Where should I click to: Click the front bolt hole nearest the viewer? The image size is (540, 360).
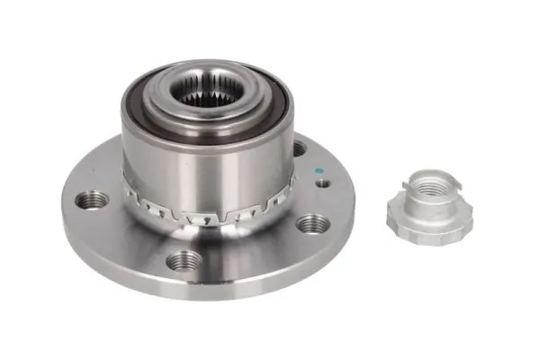coord(184,260)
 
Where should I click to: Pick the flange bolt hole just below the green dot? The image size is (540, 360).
coord(310,223)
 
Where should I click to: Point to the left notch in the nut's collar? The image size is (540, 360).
coord(408,188)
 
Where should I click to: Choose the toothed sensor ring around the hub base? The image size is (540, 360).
coord(207,212)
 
